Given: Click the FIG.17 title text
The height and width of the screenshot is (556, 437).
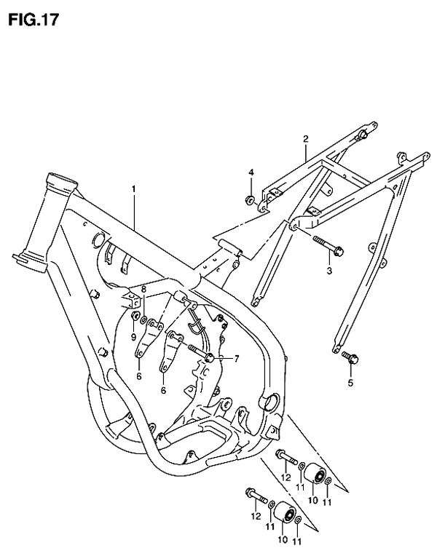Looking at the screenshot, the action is pyautogui.click(x=34, y=20).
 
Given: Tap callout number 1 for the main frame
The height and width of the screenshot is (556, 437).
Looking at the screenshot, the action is pyautogui.click(x=134, y=189).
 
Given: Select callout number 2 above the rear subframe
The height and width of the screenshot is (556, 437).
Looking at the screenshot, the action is pyautogui.click(x=306, y=139).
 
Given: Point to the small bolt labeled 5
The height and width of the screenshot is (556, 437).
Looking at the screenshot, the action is pyautogui.click(x=350, y=358).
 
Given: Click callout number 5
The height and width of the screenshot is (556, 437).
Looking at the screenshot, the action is pyautogui.click(x=350, y=383).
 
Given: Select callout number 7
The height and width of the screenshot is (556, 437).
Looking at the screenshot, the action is pyautogui.click(x=236, y=359).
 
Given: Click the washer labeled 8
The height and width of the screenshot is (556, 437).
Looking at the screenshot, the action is pyautogui.click(x=143, y=320).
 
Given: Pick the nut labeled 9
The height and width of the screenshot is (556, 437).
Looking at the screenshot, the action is pyautogui.click(x=135, y=316).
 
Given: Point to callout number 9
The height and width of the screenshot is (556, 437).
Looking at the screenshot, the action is pyautogui.click(x=133, y=337).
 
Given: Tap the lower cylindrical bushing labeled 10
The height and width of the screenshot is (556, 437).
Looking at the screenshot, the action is pyautogui.click(x=286, y=512).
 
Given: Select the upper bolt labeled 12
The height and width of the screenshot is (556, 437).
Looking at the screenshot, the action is pyautogui.click(x=286, y=457).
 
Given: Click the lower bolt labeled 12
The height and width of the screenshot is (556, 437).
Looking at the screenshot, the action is pyautogui.click(x=256, y=496).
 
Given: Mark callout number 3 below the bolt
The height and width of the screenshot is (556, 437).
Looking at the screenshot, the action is pyautogui.click(x=329, y=271).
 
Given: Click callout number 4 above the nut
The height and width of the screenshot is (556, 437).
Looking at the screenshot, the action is pyautogui.click(x=251, y=172).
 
